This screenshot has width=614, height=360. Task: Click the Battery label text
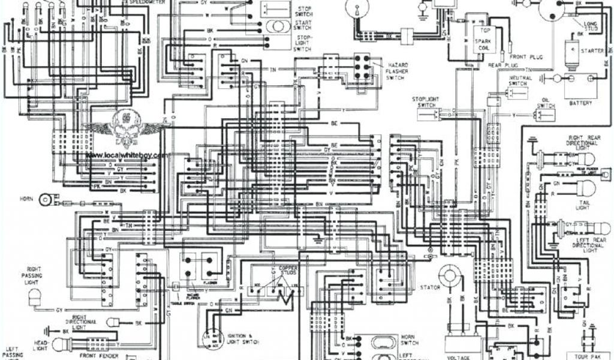pos(580,103)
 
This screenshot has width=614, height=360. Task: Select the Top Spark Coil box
pos(483,39)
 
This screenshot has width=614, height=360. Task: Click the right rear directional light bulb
pos(585,159)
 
